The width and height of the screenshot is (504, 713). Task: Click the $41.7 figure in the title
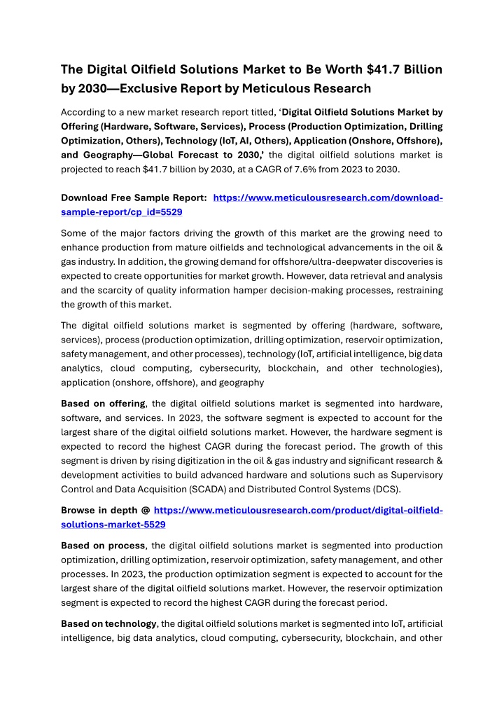pos(386,69)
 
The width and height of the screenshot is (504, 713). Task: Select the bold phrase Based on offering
pos(104,404)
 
